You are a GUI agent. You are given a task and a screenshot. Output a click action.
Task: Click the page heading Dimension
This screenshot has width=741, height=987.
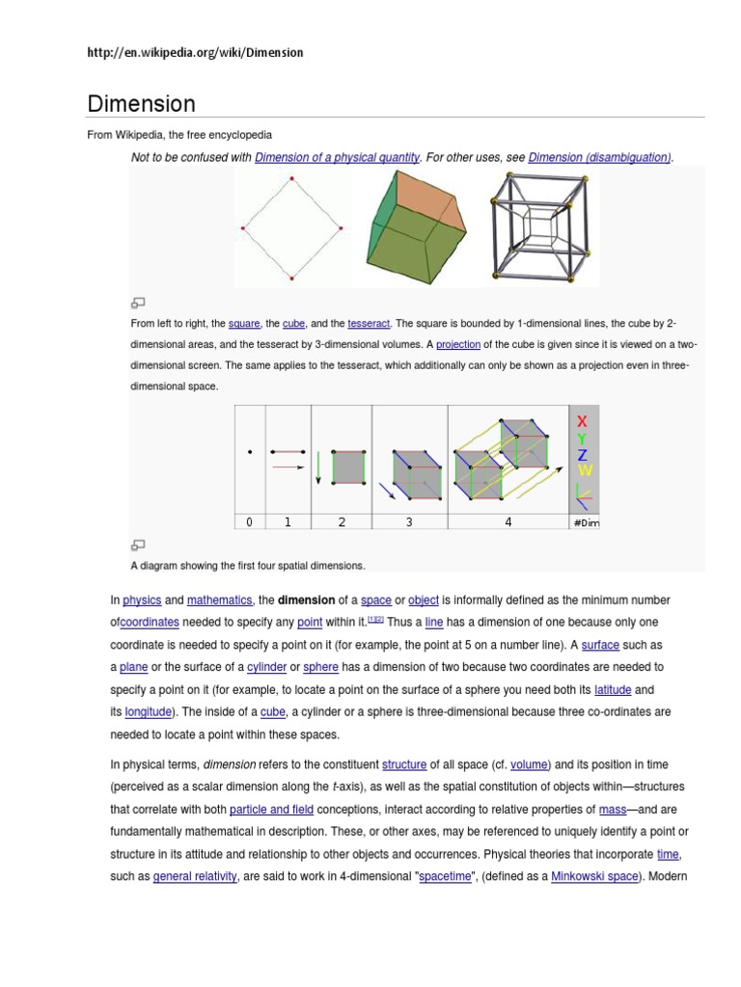tap(141, 103)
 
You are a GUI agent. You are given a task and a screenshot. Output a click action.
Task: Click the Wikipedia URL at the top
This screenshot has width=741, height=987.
tap(195, 52)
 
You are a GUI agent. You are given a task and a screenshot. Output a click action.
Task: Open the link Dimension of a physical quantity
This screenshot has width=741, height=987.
tap(337, 157)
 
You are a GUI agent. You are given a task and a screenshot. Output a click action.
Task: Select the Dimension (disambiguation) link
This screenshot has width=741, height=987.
tap(599, 157)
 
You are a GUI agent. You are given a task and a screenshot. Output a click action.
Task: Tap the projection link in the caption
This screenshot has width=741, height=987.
tap(457, 344)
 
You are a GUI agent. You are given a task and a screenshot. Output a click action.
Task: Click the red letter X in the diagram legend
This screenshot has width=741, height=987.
tap(582, 422)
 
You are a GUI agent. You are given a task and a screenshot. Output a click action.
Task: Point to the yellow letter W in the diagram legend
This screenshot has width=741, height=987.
tap(584, 470)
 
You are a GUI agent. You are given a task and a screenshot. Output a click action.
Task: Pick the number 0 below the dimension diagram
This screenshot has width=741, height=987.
tap(249, 522)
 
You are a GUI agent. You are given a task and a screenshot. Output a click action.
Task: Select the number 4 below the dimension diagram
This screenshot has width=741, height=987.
tap(508, 522)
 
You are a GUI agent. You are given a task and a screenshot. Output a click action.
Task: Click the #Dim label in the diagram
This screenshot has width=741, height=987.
tap(586, 522)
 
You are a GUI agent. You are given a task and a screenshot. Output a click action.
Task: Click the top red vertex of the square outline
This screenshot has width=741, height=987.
tap(291, 179)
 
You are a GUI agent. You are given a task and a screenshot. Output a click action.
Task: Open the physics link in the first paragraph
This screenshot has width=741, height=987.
tap(143, 600)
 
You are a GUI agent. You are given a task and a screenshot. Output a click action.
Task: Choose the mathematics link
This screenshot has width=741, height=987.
tap(219, 600)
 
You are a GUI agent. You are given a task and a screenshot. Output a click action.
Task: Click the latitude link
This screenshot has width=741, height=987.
tap(613, 689)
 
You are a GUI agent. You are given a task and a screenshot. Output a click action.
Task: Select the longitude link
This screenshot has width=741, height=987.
tap(148, 712)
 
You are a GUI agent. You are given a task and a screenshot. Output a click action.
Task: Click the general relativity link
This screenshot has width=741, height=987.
tap(195, 877)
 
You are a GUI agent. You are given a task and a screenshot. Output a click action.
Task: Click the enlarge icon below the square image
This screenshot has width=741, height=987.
tap(138, 302)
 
